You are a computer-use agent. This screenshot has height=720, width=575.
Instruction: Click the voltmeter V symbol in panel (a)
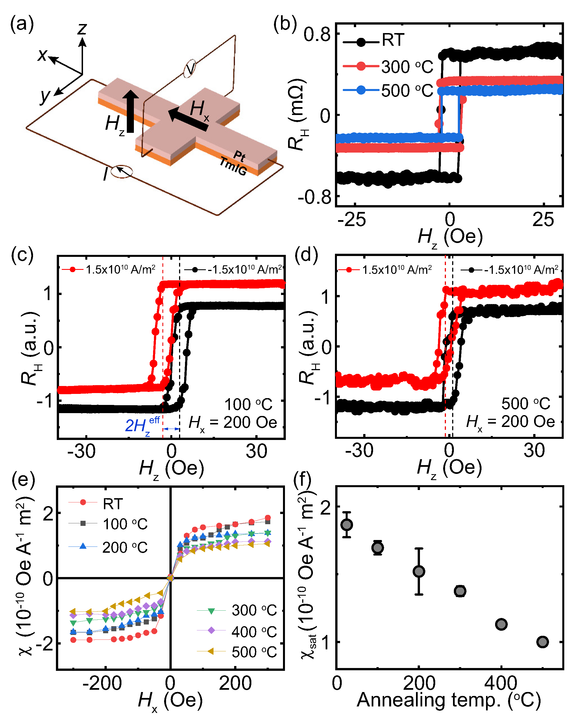point(190,68)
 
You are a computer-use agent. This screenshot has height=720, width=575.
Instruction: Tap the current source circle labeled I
point(121,171)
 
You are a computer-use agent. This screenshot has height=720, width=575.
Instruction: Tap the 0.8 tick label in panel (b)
point(317,34)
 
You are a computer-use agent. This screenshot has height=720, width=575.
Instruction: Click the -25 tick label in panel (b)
point(351,220)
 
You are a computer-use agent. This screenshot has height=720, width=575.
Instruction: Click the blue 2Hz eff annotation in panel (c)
point(142,425)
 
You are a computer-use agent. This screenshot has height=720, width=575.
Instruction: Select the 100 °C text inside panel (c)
point(248,404)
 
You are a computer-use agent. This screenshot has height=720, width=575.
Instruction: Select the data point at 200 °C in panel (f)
point(419,571)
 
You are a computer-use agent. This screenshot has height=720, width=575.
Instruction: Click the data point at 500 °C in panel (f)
point(543,641)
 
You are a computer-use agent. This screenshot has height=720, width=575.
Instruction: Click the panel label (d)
point(306,255)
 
